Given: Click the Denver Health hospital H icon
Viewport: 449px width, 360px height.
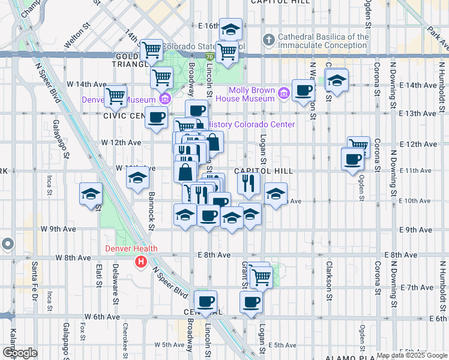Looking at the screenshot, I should [141, 262].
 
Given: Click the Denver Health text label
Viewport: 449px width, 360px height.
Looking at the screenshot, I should [131, 249].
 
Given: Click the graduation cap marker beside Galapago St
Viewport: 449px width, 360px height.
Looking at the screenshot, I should [91, 194].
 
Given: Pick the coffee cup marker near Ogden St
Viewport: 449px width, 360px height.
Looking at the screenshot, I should [352, 159].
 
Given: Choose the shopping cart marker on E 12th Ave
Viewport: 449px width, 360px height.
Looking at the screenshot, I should [358, 146].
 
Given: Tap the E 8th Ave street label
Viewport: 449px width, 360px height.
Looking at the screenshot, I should [214, 255].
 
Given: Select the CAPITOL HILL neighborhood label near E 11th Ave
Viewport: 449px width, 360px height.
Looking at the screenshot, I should [267, 171].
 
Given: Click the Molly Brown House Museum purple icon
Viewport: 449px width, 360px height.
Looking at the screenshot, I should [284, 93].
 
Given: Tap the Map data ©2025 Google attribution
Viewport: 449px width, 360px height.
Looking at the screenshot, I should [412, 355].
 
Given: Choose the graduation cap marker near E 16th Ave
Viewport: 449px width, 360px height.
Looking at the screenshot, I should [230, 29].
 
